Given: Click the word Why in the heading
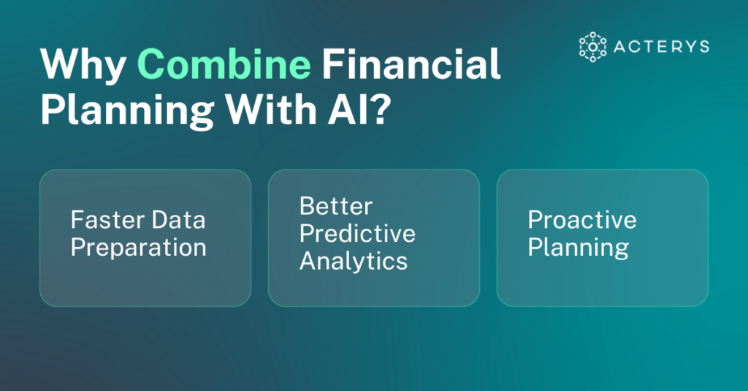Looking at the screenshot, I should (x=83, y=66).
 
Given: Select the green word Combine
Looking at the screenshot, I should (x=224, y=66).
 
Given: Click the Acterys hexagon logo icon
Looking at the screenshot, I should (x=592, y=46).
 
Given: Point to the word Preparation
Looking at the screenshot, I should (x=138, y=247).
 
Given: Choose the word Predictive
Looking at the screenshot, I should (x=357, y=233).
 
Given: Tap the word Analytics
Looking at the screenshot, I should (x=354, y=261).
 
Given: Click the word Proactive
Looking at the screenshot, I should (x=582, y=219).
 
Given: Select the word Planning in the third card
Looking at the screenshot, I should (x=578, y=247).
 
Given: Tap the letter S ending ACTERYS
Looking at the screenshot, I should (x=703, y=46).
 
